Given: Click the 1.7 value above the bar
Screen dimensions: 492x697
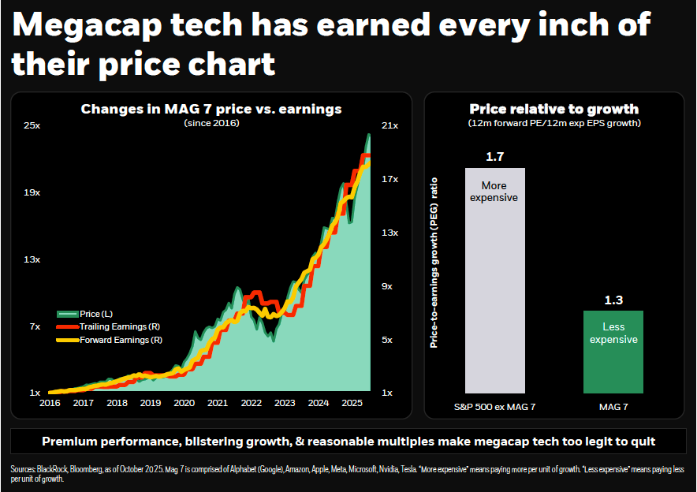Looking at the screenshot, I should (494, 157).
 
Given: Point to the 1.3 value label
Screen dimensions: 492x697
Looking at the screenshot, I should (613, 300).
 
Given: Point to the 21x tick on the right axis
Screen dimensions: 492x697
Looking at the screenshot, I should (389, 125).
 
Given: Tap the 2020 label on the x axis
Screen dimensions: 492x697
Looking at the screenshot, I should (184, 403).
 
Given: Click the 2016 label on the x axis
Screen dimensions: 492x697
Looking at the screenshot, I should (50, 403).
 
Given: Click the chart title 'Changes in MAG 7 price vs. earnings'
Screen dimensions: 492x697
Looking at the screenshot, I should (211, 109).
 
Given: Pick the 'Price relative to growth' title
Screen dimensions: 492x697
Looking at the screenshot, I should (553, 109).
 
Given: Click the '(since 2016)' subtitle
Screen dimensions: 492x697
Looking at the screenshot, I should (211, 123).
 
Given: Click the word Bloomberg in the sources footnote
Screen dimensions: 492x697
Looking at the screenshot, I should (83, 469).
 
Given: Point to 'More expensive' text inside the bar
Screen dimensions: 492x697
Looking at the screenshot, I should (494, 192).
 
